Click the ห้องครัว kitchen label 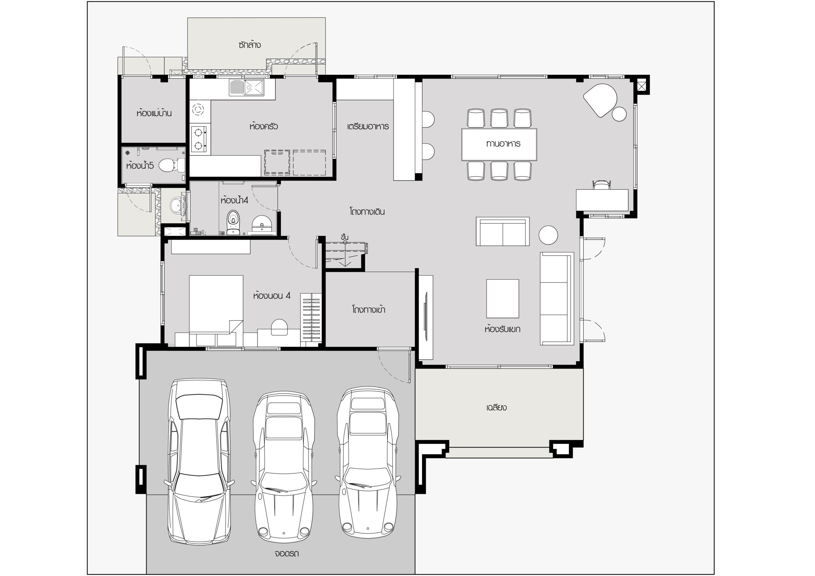[x=263, y=126]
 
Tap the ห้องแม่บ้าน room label [x=154, y=114]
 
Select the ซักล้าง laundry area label [x=250, y=45]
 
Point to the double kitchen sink [x=247, y=88]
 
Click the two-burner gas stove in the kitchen [x=199, y=139]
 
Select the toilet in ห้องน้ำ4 [x=233, y=222]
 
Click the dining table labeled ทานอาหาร [x=499, y=144]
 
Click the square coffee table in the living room [x=503, y=299]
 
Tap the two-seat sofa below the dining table [x=503, y=231]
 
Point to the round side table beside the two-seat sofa [x=549, y=235]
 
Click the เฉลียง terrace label [x=496, y=407]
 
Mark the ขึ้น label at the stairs [x=344, y=237]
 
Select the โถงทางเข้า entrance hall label [x=368, y=309]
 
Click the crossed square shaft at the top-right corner [x=641, y=86]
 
